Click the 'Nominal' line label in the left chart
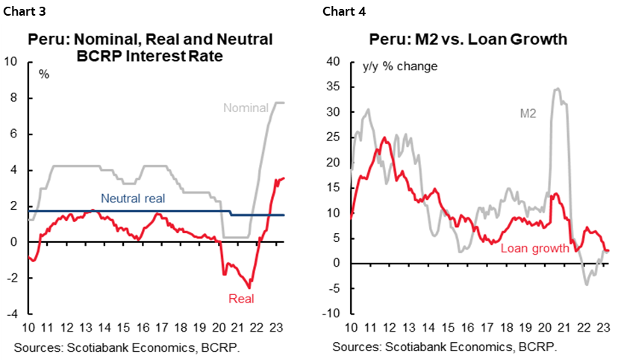tap(245, 108)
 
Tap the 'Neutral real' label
tap(132, 199)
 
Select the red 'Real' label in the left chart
tap(241, 299)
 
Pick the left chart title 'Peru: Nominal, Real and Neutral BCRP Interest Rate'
tap(150, 47)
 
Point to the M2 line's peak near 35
tap(557, 89)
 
